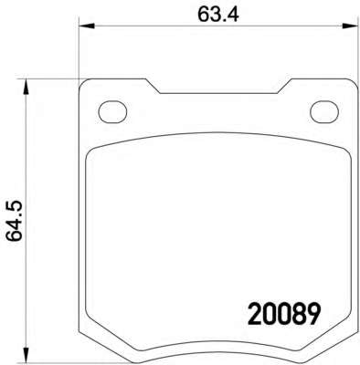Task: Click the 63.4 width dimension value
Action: [x=218, y=15]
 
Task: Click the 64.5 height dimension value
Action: [x=16, y=221]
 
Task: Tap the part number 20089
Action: [x=284, y=314]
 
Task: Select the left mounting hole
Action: [x=112, y=112]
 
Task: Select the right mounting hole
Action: [x=324, y=112]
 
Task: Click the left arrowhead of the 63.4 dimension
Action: [x=87, y=26]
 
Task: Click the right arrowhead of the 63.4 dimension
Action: [x=349, y=26]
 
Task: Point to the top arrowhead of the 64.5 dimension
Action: [x=26, y=88]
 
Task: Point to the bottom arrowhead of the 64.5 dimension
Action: [x=26, y=355]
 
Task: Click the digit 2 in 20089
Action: [x=254, y=314]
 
